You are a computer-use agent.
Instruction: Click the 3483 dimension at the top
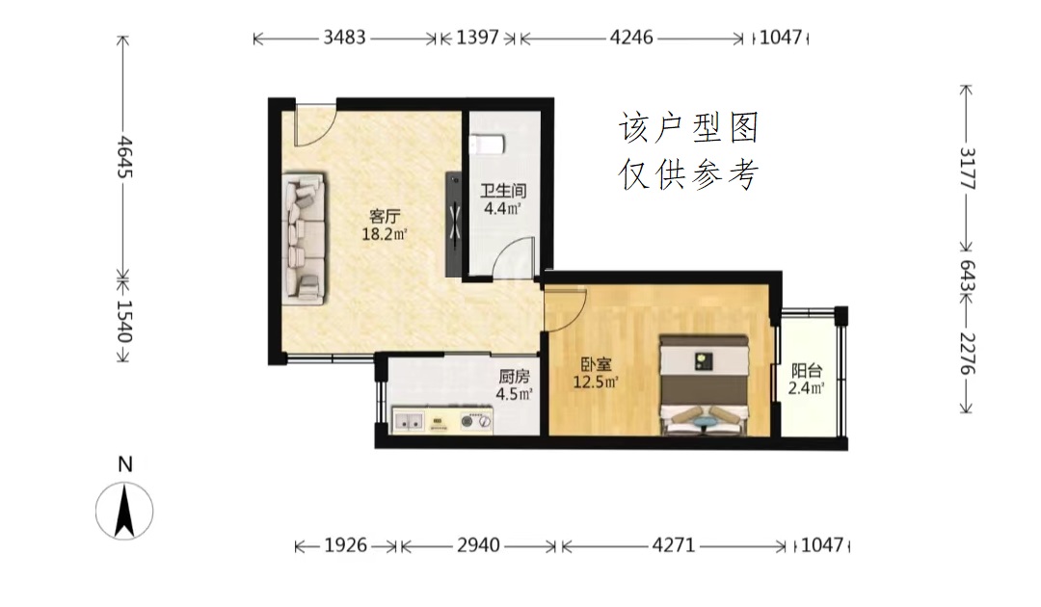[344, 38]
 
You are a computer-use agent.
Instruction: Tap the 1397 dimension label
[477, 38]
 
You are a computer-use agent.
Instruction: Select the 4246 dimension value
[631, 38]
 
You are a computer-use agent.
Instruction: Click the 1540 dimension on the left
[124, 321]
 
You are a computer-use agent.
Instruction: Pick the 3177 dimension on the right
[968, 169]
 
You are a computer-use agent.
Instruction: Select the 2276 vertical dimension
[968, 353]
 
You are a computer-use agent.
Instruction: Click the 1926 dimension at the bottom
[345, 545]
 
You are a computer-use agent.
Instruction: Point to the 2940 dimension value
[478, 545]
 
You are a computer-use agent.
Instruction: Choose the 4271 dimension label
[673, 545]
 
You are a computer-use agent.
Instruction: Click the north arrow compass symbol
[124, 510]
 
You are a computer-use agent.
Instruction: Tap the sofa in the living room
[304, 239]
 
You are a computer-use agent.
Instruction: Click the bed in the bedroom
[705, 384]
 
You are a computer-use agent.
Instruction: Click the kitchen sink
[409, 420]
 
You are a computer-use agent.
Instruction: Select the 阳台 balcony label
[807, 371]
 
